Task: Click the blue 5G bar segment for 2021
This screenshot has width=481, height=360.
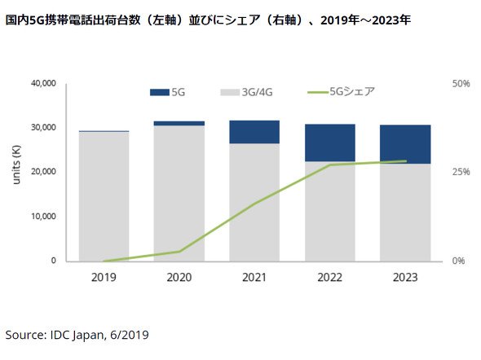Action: click(x=254, y=132)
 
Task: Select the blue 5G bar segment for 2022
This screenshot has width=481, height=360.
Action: click(x=329, y=143)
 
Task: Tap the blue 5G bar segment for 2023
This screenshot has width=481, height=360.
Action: click(x=405, y=144)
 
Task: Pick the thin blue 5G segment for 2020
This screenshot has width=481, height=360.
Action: click(x=179, y=124)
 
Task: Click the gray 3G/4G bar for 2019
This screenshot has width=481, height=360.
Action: click(x=104, y=197)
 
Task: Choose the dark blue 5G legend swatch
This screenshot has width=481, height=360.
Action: click(x=160, y=92)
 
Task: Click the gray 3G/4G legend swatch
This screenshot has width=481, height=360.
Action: click(x=230, y=92)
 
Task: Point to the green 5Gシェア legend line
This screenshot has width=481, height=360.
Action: click(x=318, y=92)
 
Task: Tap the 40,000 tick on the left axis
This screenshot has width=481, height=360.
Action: click(x=43, y=83)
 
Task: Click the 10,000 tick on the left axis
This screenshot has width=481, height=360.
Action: click(x=43, y=217)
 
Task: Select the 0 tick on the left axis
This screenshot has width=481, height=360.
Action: click(x=53, y=261)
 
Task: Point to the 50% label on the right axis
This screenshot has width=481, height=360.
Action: click(x=461, y=84)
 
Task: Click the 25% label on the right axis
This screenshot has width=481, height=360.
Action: click(x=461, y=172)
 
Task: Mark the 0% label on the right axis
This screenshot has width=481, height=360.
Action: click(x=458, y=261)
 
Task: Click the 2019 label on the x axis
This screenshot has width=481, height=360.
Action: click(x=104, y=277)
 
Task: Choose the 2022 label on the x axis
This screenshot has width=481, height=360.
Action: click(x=329, y=277)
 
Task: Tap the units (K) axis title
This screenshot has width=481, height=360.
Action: click(x=16, y=165)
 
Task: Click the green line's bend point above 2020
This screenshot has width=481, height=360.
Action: click(x=179, y=251)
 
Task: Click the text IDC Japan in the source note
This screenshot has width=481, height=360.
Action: click(x=77, y=335)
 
